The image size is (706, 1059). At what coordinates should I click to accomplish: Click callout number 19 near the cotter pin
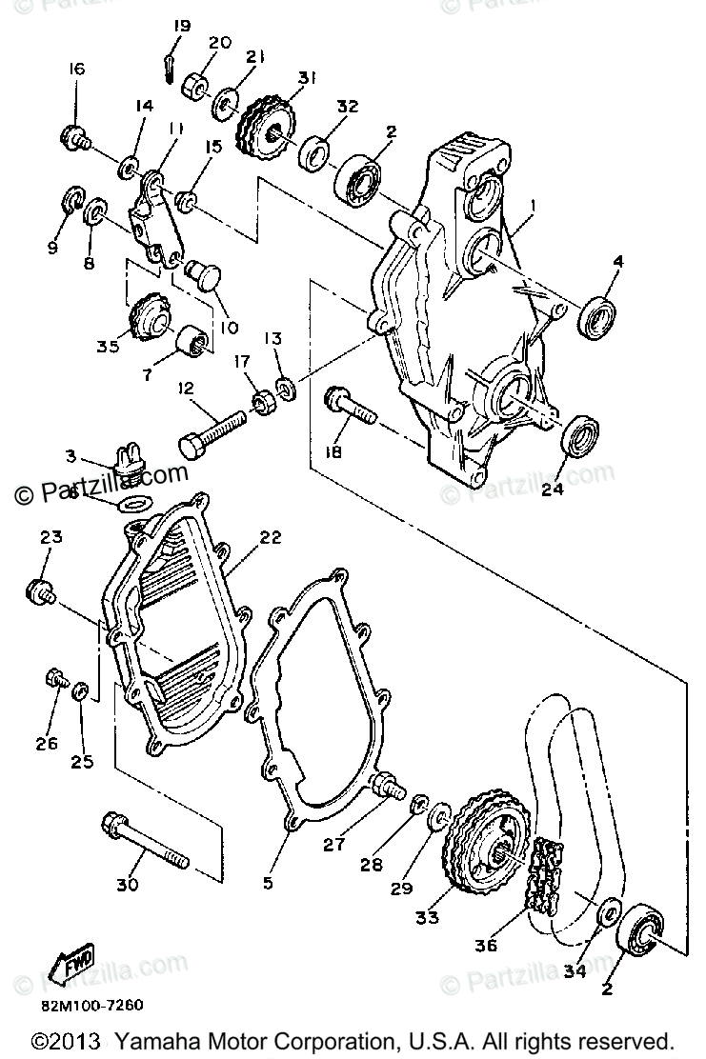(x=182, y=26)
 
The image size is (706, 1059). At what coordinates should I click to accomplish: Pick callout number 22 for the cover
(x=270, y=537)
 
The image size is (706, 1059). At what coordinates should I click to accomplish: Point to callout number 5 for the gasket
(x=268, y=882)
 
